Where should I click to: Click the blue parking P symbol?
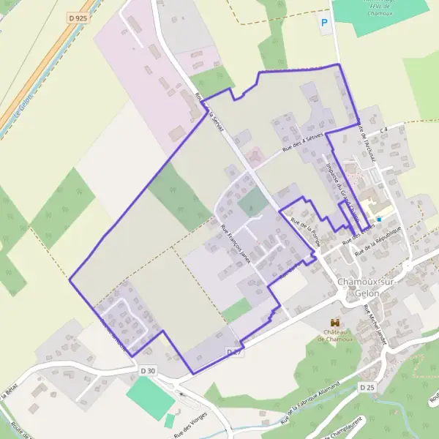[324, 23]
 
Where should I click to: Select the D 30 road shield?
[148, 371]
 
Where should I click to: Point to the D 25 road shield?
[367, 386]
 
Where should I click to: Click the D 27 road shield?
[233, 352]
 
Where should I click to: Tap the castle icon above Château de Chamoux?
[336, 323]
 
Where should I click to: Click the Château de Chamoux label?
[336, 335]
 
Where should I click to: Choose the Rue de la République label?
[378, 242]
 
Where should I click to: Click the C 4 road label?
[382, 130]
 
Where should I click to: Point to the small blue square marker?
[379, 219]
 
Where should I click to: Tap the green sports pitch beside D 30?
[150, 397]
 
